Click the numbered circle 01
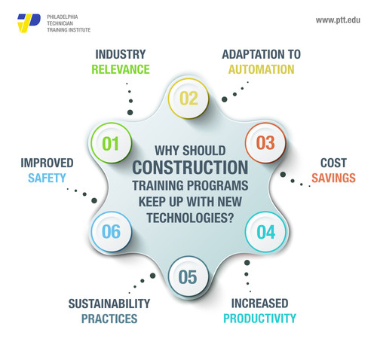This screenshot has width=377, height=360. click(x=111, y=143)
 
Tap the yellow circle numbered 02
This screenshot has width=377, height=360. click(x=188, y=98)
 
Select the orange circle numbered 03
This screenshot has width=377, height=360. click(x=265, y=143)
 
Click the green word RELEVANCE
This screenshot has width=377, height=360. click(x=121, y=69)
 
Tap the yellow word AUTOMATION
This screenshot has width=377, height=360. click(x=260, y=69)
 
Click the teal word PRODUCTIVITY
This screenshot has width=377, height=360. click(x=259, y=319)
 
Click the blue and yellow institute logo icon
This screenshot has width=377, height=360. click(x=29, y=23)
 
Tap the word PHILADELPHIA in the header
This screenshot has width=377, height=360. click(x=67, y=15)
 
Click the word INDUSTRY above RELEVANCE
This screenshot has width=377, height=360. click(x=121, y=54)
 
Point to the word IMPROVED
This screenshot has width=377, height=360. click(x=47, y=163)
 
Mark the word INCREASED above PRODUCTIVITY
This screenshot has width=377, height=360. click(x=259, y=304)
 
